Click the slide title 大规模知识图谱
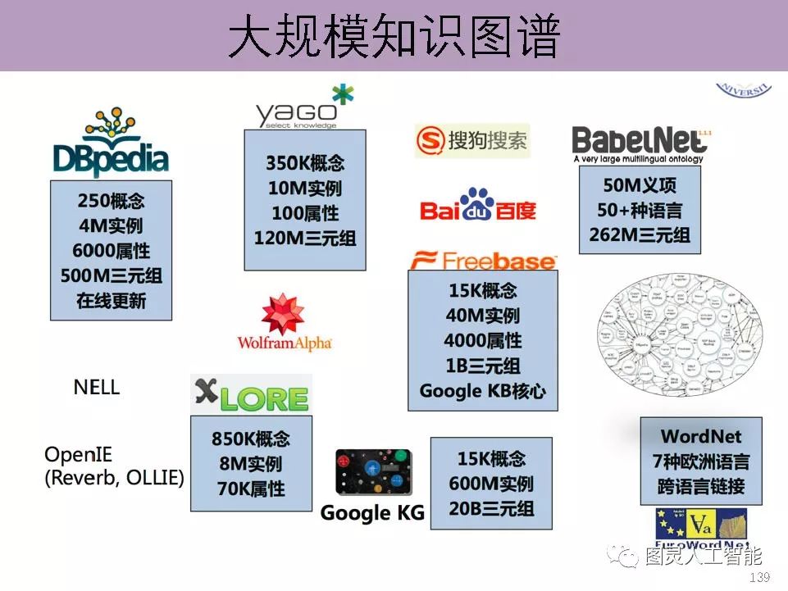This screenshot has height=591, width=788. (x=394, y=37)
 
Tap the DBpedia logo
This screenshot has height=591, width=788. (x=111, y=143)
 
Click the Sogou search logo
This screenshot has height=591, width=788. (x=472, y=141)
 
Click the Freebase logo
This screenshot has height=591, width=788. (x=483, y=260)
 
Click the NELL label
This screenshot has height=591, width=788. (x=97, y=387)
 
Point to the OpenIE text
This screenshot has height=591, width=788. (x=79, y=455)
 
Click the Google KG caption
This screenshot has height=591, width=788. (x=372, y=514)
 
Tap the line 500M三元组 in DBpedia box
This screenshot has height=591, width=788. (x=111, y=276)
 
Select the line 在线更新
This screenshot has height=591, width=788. (x=111, y=301)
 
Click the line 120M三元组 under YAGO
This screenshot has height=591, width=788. (x=305, y=239)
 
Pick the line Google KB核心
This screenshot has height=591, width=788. (x=482, y=391)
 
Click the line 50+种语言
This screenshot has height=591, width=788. (x=640, y=210)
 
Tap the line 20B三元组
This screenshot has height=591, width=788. (x=491, y=508)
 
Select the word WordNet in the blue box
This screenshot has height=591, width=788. (x=701, y=437)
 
